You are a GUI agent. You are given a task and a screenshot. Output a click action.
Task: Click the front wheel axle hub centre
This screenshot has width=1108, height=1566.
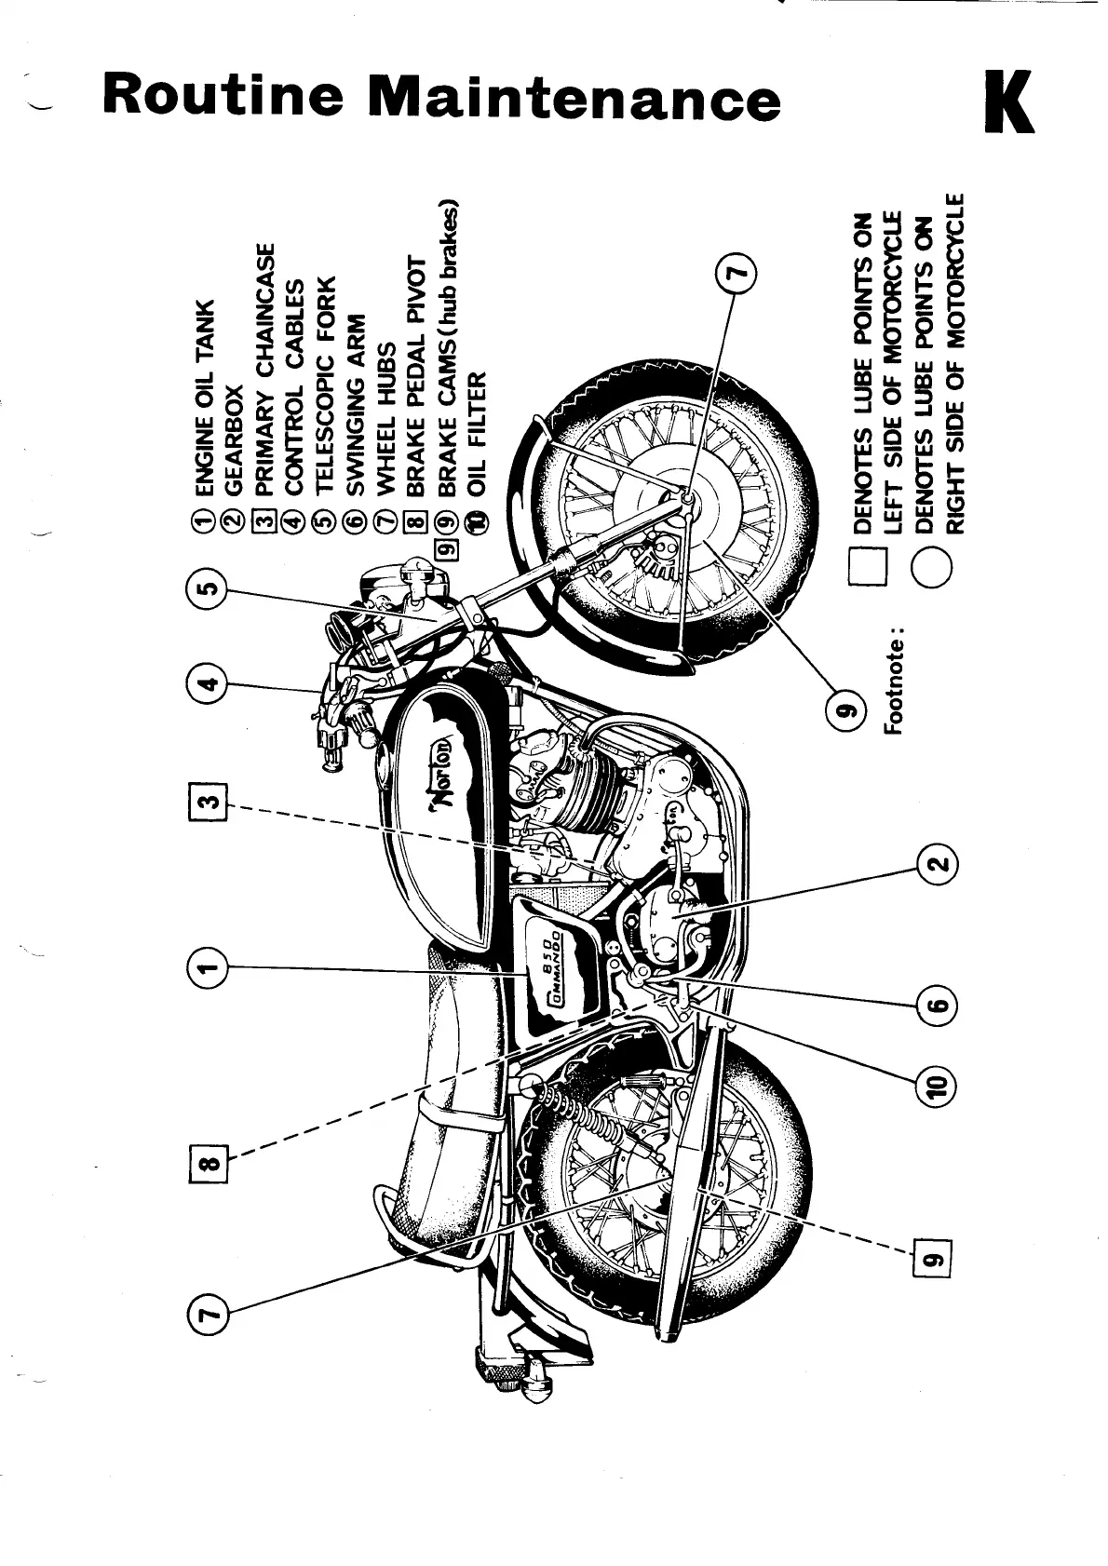coord(687,502)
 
